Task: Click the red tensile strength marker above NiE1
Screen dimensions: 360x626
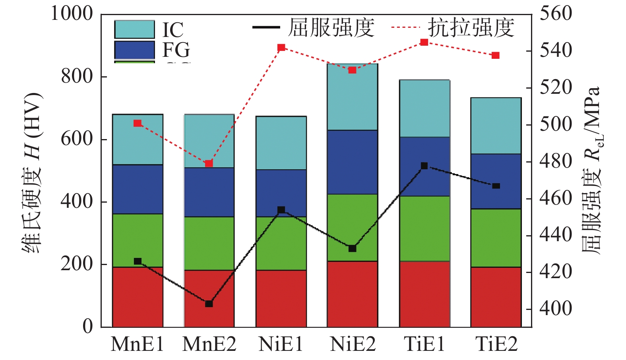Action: pos(281,48)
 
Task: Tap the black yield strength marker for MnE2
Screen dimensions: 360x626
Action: pos(209,304)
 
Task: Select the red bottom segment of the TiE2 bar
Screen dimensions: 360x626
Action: pos(496,297)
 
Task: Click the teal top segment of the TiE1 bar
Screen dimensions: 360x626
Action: pos(424,108)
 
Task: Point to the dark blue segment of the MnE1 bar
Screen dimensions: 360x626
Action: pos(138,189)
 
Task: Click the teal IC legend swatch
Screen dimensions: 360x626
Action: pos(134,29)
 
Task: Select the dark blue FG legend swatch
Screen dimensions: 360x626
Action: pos(134,50)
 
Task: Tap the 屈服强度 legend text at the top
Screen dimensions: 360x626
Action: pos(331,28)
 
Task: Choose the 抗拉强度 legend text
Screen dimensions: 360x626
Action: pos(471,28)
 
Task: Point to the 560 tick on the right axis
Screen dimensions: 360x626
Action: pos(556,14)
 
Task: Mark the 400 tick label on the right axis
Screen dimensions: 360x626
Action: pos(556,308)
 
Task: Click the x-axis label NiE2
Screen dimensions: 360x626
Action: pos(353,344)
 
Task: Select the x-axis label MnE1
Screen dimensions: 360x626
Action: pos(138,344)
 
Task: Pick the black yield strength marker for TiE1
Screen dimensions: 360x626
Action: pos(424,166)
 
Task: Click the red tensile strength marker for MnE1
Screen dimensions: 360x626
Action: pos(138,123)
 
